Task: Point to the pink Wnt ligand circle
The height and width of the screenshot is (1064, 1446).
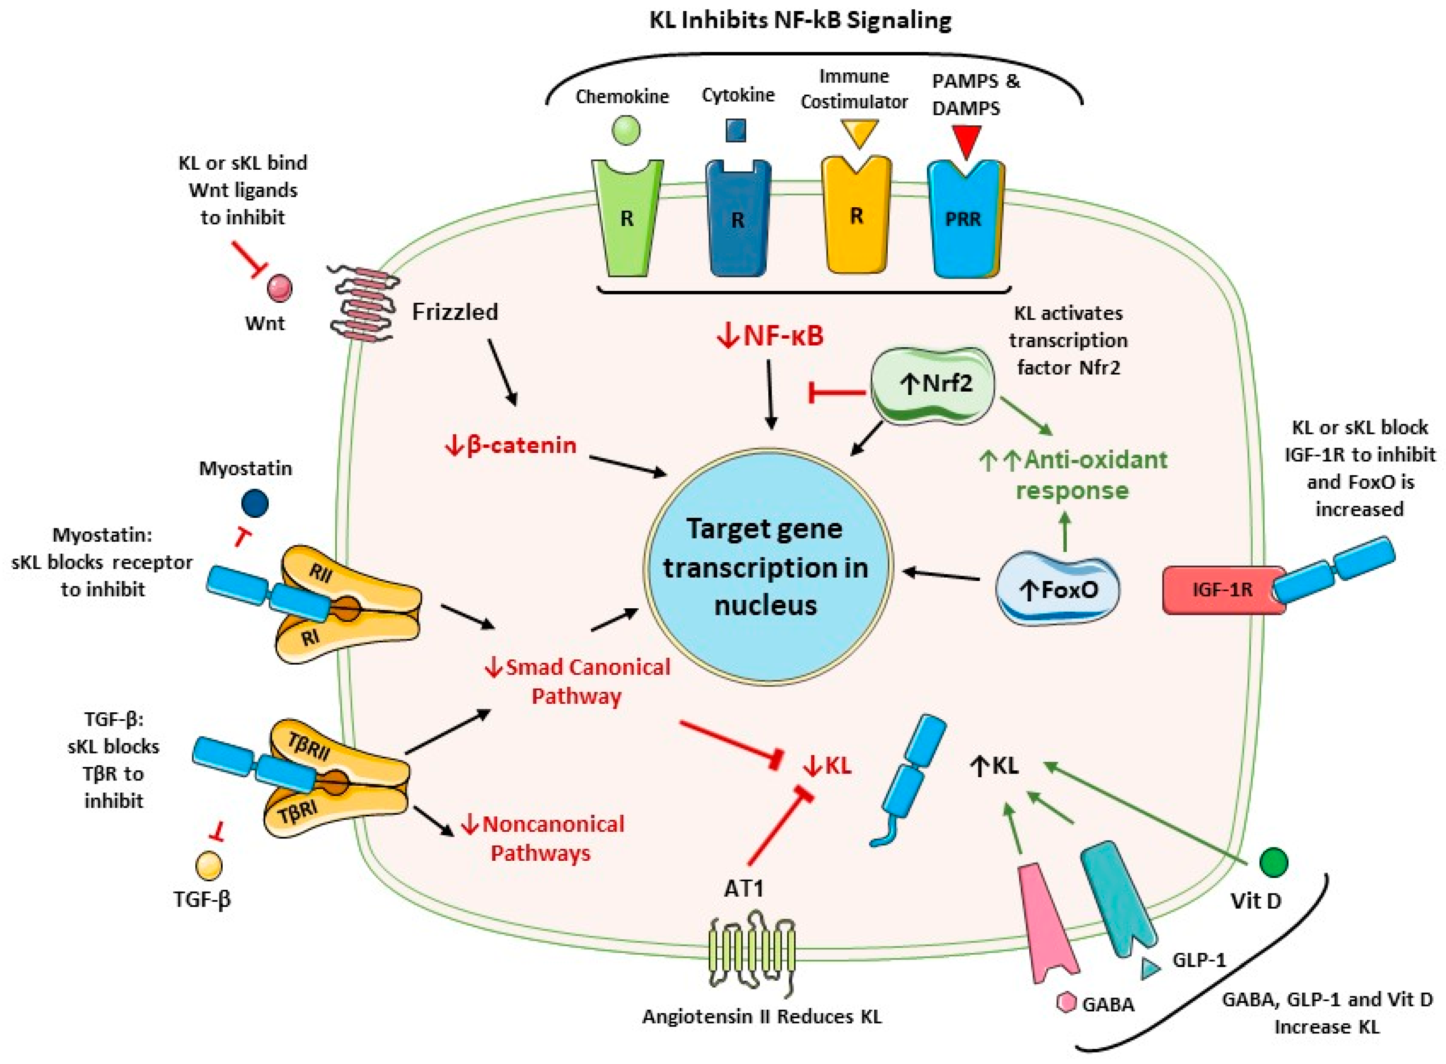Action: pos(279,288)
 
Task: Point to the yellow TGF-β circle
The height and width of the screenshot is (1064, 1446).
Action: pos(209,865)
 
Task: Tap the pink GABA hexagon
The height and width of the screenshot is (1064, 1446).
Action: pos(1067,1002)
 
